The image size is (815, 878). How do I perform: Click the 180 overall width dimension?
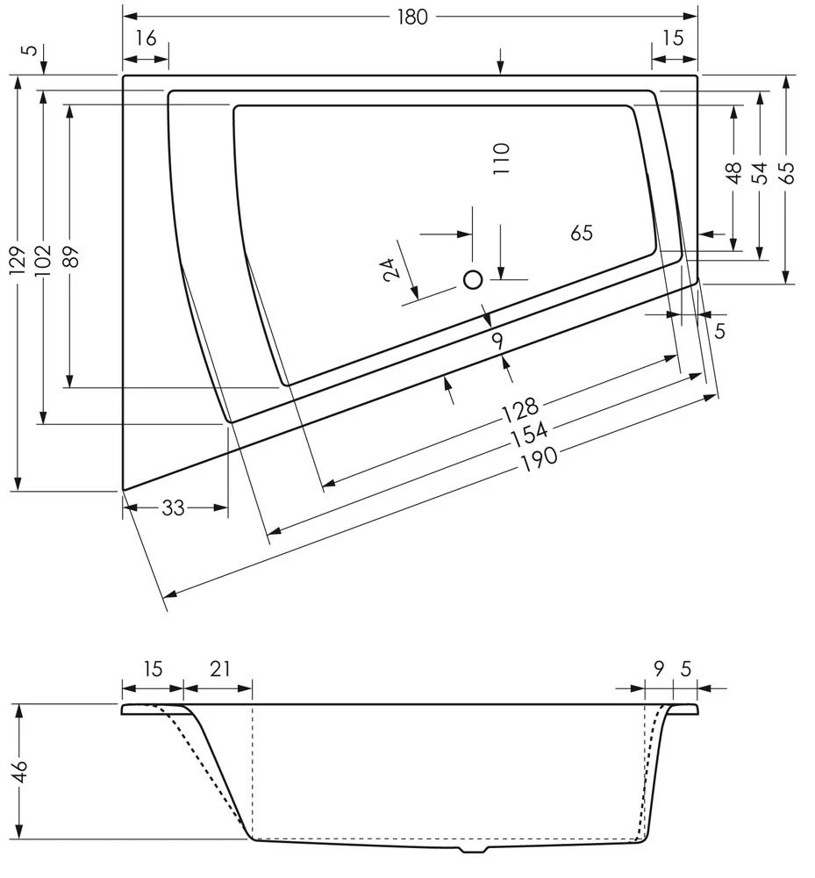[x=411, y=17]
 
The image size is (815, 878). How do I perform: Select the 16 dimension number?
[x=146, y=38]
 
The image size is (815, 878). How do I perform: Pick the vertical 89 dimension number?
[x=71, y=256]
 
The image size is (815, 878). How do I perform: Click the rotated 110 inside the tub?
[x=501, y=159]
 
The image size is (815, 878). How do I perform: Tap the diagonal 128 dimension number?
[x=519, y=411]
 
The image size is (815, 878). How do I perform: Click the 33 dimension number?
[x=174, y=507]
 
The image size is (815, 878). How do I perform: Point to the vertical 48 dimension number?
[x=734, y=173]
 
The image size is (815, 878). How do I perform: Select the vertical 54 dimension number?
[x=760, y=173]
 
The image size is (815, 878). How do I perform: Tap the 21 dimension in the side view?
[x=219, y=669]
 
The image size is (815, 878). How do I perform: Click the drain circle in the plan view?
[x=473, y=280]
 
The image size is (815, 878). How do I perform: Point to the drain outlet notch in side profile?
[x=474, y=850]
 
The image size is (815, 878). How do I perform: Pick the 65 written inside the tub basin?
[x=582, y=233]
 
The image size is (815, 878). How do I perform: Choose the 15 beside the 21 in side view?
[x=153, y=669]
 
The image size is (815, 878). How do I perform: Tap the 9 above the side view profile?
[x=659, y=669]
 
